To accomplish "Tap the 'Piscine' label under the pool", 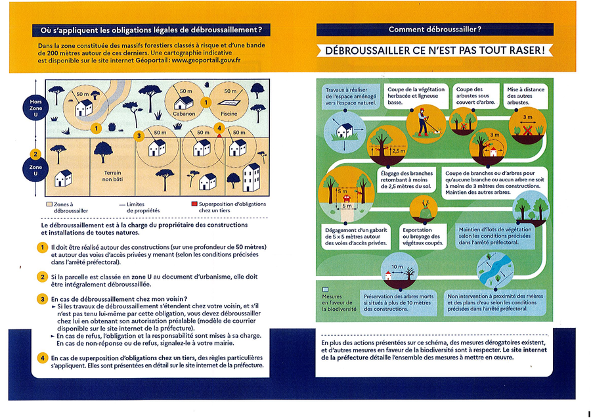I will click(229, 114).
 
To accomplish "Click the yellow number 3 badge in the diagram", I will click(139, 135).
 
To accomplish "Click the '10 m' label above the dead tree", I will click(397, 267).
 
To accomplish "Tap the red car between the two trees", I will click(343, 195).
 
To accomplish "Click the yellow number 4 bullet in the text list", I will click(41, 358).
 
